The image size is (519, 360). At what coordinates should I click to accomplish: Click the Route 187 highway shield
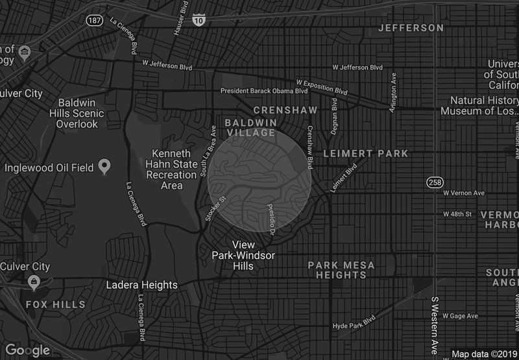[x=94, y=21]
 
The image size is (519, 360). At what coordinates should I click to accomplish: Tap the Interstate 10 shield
[x=199, y=21]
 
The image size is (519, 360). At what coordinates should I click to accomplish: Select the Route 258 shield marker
[x=433, y=182]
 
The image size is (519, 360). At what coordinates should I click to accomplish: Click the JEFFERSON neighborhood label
[x=411, y=28]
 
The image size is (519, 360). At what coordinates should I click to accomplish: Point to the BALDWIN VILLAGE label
[x=250, y=127]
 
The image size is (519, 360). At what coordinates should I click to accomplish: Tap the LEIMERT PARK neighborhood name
[x=366, y=154]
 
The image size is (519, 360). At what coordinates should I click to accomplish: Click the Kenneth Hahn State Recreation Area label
[x=171, y=170]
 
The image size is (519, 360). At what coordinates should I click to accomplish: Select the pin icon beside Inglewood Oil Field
[x=104, y=168]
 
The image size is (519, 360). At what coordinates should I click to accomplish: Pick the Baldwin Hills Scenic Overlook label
[x=86, y=114]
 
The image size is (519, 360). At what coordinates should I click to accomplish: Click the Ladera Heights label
[x=143, y=285]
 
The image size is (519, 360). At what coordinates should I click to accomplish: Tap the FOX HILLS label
[x=55, y=304]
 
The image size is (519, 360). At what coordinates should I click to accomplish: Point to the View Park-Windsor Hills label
[x=243, y=256]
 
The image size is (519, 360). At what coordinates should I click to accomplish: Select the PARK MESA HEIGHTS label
[x=341, y=270]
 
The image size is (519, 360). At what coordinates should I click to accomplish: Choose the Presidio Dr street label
[x=272, y=219]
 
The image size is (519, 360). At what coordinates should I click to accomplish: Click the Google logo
[x=27, y=350]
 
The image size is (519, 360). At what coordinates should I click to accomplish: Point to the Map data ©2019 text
[x=483, y=354]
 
